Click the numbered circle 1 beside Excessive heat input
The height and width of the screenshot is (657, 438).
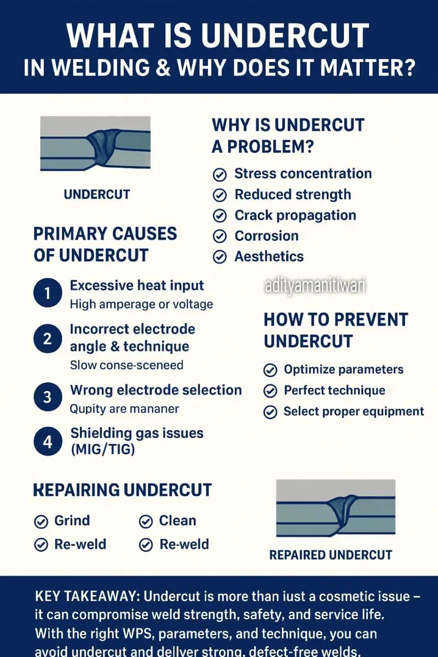(48, 294)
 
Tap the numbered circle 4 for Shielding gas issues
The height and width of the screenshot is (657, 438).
(48, 441)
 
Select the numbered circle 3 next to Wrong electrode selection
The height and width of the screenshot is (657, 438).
(48, 398)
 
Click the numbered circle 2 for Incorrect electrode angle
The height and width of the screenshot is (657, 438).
(48, 338)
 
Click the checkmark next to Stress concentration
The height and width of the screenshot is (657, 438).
(220, 175)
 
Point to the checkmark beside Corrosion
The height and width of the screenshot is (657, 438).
(220, 237)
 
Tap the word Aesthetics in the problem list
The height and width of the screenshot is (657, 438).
(269, 257)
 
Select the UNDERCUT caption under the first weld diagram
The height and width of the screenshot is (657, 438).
(97, 194)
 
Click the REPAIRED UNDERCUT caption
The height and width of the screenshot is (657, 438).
(331, 555)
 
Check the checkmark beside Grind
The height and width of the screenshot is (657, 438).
(41, 522)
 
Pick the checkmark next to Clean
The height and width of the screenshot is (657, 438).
(146, 522)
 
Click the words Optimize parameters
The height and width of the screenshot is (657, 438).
(343, 370)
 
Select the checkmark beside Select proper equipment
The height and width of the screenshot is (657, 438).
(270, 412)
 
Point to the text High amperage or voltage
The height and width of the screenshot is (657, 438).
(141, 304)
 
